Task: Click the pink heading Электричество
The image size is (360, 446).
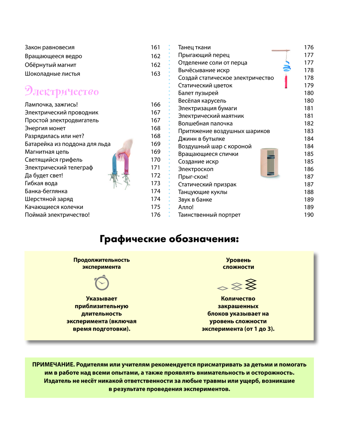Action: [62, 91]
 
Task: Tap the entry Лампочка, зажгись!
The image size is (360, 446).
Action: [51, 104]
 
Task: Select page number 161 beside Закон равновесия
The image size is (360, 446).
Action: [156, 47]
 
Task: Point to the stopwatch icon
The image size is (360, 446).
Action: [102, 283]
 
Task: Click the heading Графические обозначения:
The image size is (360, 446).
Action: [169, 239]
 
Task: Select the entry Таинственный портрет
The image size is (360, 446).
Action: [209, 215]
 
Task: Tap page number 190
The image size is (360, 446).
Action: [309, 215]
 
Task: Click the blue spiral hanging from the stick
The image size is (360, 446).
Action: [287, 66]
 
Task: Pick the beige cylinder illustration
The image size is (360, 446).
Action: [270, 163]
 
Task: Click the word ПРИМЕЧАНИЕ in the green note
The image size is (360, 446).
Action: [53, 365]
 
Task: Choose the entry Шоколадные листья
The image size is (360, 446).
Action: [53, 74]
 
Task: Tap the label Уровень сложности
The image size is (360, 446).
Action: [238, 263]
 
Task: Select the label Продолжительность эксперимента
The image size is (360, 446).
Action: [102, 263]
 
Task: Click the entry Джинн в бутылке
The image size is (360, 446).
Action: [202, 139]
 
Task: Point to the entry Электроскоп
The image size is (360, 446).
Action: [196, 169]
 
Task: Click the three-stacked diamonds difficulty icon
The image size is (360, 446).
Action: [251, 284]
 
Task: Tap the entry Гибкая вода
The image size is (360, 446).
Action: [41, 183]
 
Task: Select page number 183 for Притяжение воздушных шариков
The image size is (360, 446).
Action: [309, 131]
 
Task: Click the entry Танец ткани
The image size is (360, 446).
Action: [194, 47]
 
